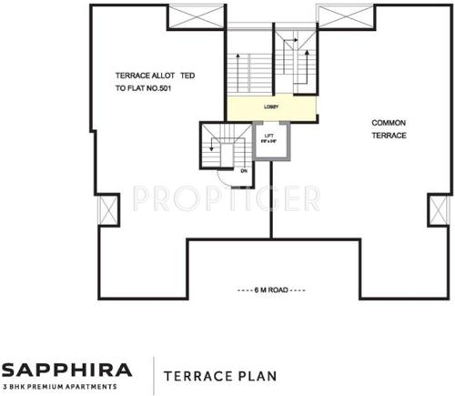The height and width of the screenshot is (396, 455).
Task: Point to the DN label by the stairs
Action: tap(243, 170)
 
